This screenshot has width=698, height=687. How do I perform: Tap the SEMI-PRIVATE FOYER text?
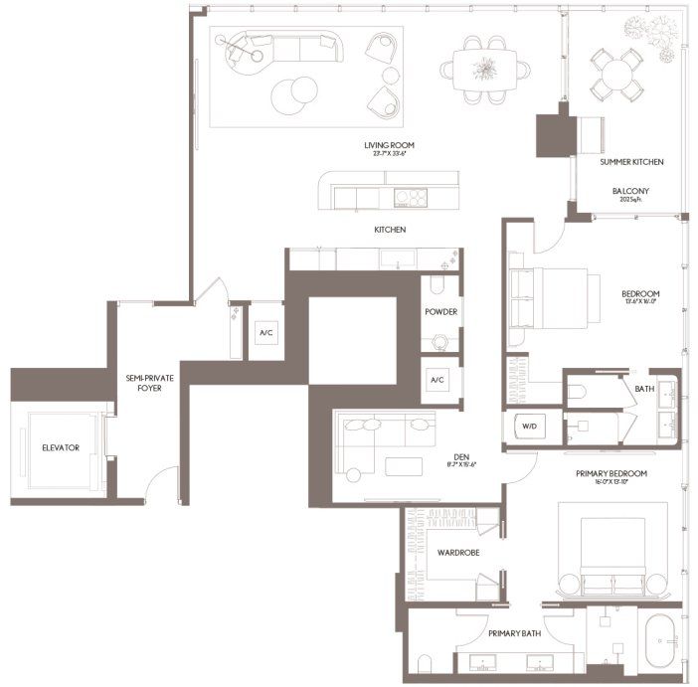[x=144, y=383]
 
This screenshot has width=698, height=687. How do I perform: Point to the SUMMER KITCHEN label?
[x=631, y=161]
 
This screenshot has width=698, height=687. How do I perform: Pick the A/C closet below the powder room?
[x=437, y=380]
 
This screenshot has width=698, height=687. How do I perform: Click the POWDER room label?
[x=440, y=311]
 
